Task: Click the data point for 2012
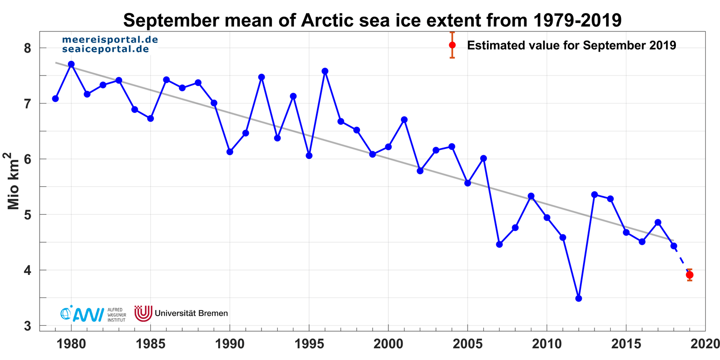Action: (579, 298)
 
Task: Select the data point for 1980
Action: (71, 64)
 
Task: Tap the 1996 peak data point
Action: (325, 71)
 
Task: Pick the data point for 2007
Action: (499, 244)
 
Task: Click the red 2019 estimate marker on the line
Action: (689, 275)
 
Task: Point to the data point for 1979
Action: (55, 99)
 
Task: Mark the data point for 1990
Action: (230, 152)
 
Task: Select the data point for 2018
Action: (674, 246)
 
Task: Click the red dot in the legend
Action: (452, 45)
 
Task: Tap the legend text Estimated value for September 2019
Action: (571, 45)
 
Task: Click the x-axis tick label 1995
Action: (309, 344)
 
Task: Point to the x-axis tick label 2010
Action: (547, 344)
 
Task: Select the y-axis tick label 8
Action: (28, 48)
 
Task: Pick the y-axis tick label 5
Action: (28, 215)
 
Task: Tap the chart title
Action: (372, 20)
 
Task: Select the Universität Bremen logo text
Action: (191, 313)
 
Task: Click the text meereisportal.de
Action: (110, 40)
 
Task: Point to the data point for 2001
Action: (404, 120)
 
